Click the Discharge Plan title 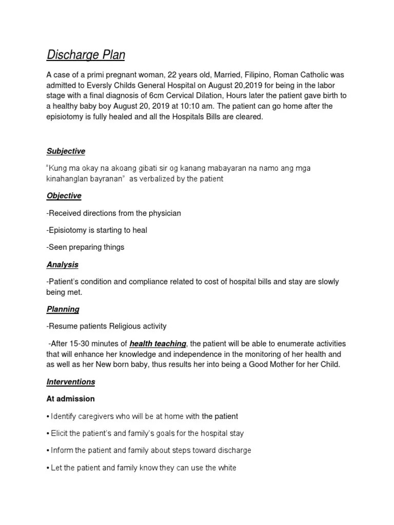click(x=86, y=54)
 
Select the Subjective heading click(x=66, y=151)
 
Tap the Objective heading click(x=64, y=196)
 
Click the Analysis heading click(x=62, y=265)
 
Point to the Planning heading click(x=63, y=309)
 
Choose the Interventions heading click(x=71, y=382)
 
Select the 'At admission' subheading click(x=70, y=399)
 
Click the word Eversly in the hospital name click(x=107, y=85)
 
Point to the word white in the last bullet click(x=227, y=468)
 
